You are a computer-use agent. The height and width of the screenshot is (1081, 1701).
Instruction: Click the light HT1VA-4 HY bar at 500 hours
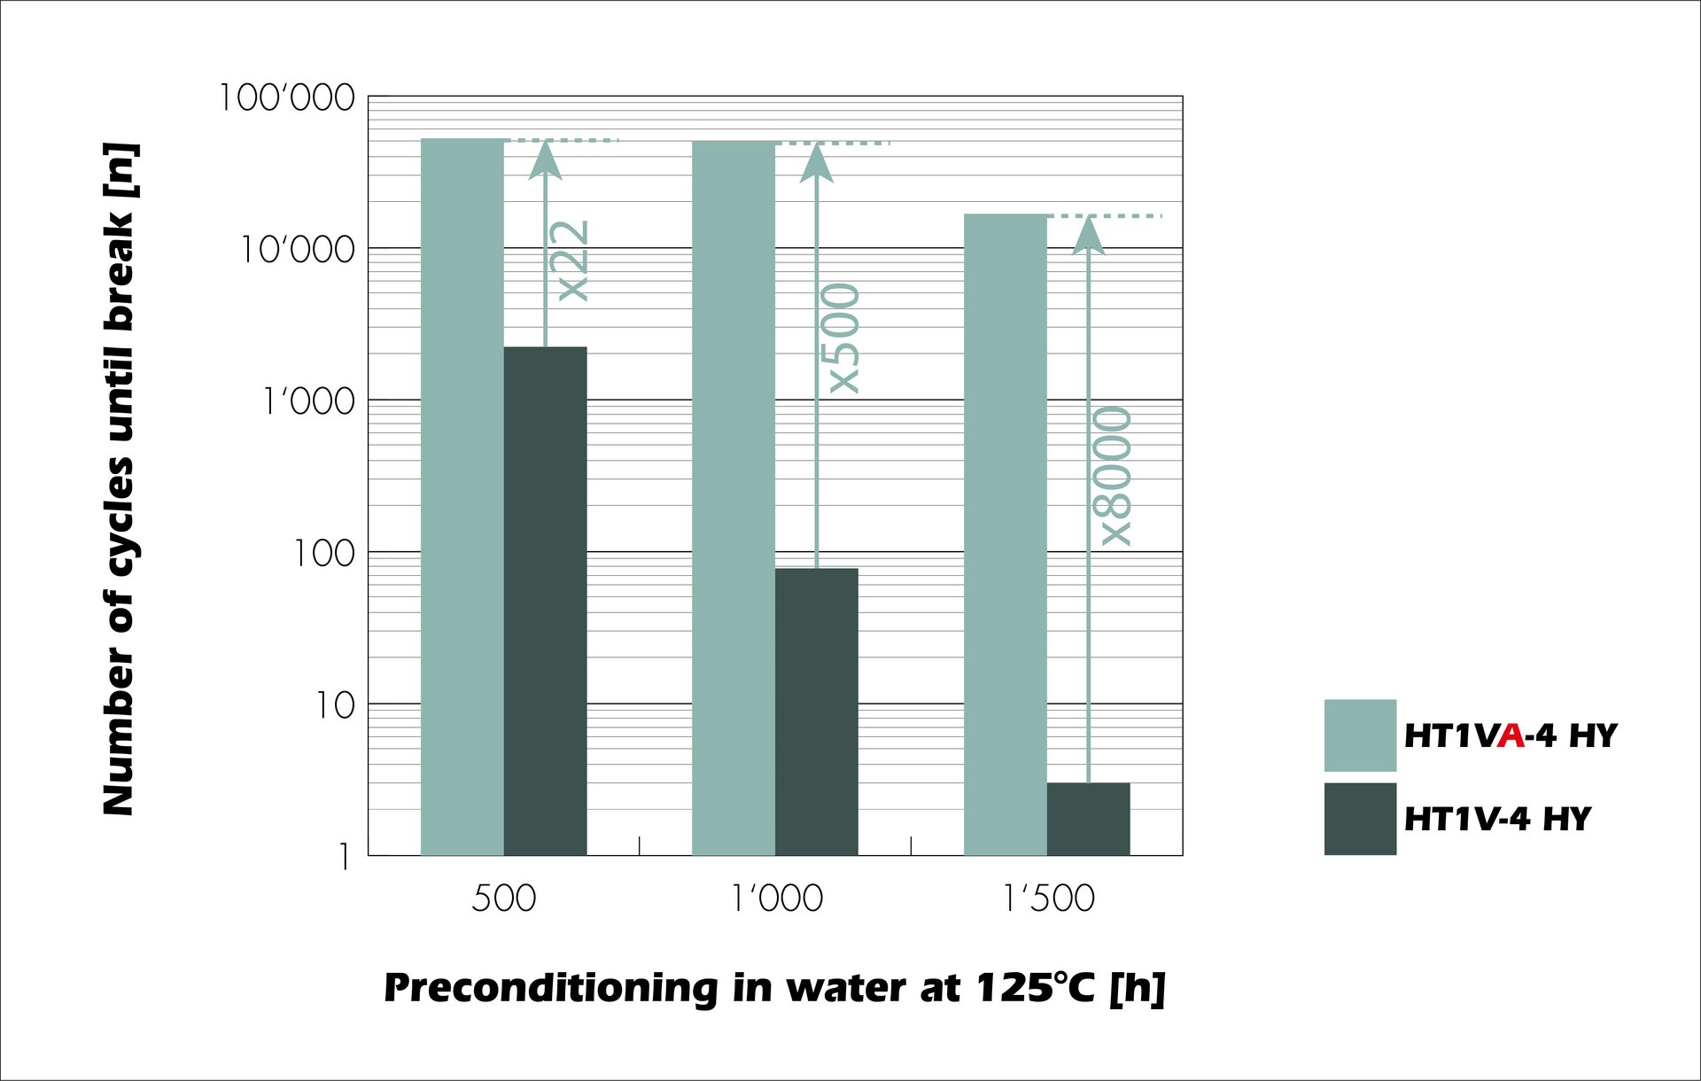(462, 496)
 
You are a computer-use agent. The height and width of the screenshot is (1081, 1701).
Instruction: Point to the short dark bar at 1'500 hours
(1088, 819)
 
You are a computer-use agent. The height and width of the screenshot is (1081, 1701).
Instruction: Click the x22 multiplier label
(572, 261)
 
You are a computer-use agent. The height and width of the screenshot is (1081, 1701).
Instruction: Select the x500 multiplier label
(843, 338)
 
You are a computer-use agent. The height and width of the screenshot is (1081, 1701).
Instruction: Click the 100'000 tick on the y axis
(287, 97)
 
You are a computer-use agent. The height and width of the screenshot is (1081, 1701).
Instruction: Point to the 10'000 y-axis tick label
(298, 250)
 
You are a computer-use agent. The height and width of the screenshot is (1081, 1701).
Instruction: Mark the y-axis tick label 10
(335, 705)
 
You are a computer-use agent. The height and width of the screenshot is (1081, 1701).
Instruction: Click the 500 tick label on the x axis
(503, 898)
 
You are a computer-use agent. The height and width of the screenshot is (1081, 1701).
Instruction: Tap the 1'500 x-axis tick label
(1048, 898)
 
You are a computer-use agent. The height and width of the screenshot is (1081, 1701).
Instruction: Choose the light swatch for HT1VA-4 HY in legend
(1360, 735)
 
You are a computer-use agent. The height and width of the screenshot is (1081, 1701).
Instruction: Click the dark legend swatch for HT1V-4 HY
(1360, 819)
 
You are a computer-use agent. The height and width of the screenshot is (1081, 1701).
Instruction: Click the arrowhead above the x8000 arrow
(1088, 235)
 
